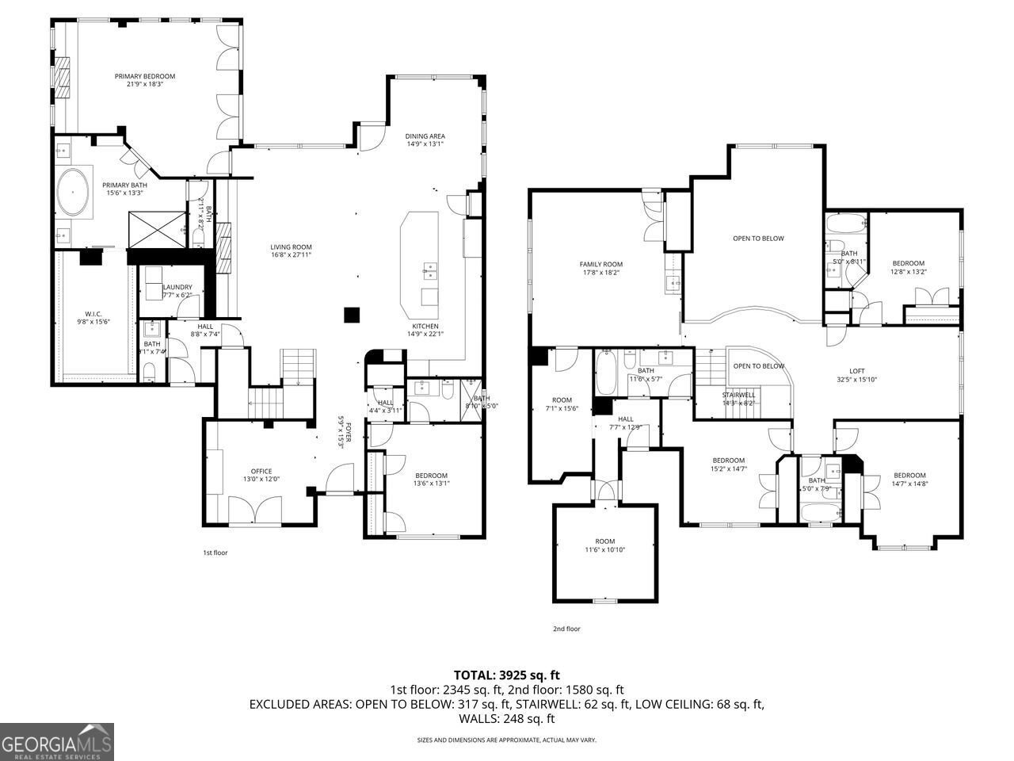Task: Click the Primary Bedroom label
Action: pos(144,76)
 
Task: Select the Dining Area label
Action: pos(425,136)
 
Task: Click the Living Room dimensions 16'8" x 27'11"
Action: pos(291,255)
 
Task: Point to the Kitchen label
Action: pos(425,326)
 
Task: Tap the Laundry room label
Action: pos(177,287)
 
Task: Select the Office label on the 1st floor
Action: pos(261,471)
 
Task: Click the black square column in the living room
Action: pos(351,315)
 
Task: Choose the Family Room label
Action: pos(600,264)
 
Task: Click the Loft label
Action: pos(856,371)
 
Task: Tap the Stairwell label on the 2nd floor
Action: pos(738,395)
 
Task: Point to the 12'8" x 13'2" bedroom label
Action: pos(908,263)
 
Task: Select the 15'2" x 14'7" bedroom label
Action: pos(728,461)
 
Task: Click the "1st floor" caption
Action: pos(215,553)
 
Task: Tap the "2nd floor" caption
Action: pos(566,629)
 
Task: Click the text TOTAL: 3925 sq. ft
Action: pos(506,675)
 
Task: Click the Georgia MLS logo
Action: pos(57,742)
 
